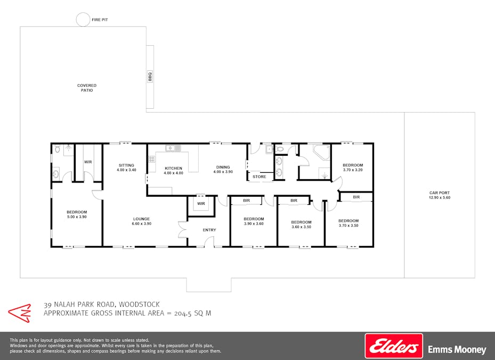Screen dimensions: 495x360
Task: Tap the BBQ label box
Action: tap(150, 76)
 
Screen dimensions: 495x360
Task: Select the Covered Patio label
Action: tap(87, 88)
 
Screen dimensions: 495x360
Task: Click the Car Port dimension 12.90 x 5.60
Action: tap(440, 197)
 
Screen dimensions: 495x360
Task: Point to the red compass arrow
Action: tap(20, 313)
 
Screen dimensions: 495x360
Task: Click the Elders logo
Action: tap(394, 346)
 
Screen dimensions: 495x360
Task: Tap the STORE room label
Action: tap(259, 177)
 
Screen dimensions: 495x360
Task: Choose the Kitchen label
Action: tap(173, 168)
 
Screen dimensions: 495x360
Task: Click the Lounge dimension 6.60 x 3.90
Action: tap(141, 223)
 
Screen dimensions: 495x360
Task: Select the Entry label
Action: tap(209, 230)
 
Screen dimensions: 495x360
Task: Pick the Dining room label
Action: tap(223, 167)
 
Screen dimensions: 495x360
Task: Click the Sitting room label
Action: tap(126, 165)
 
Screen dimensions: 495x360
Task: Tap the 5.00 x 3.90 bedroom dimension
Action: tap(77, 217)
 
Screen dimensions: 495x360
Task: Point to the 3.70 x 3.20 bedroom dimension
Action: tap(353, 170)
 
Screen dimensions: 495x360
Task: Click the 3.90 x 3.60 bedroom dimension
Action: tap(254, 223)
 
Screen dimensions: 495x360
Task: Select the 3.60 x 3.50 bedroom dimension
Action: tap(301, 227)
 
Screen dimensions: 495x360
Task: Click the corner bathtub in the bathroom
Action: tap(321, 153)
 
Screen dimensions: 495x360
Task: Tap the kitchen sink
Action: tap(173, 148)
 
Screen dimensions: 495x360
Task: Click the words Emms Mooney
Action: tap(457, 349)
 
